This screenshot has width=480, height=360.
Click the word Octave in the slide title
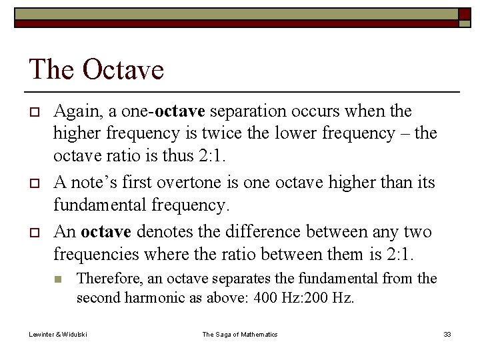[x=123, y=69]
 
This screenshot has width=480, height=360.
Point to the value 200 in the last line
[x=317, y=298]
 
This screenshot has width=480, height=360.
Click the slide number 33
[x=447, y=334]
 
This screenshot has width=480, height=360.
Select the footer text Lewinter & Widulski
[x=58, y=334]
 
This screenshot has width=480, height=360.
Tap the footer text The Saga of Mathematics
[x=240, y=334]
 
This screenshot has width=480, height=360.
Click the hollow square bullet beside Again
[x=33, y=111]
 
